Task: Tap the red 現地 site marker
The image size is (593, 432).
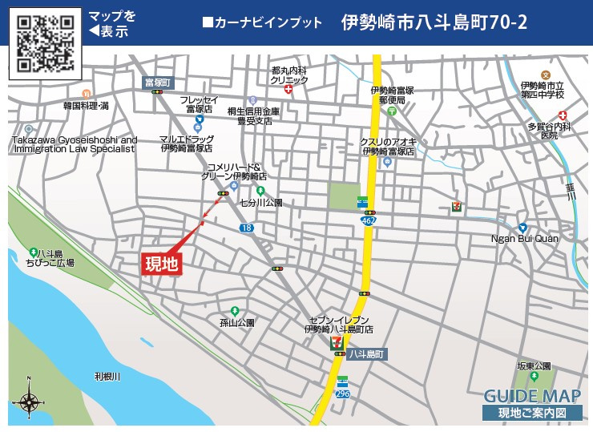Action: pos(161,263)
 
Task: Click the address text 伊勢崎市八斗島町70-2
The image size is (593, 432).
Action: pos(434,22)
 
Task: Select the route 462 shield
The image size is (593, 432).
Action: pos(368,220)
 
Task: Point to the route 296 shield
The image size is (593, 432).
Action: pos(343,394)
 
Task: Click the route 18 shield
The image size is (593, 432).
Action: pos(247,228)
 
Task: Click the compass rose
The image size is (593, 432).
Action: pos(29,398)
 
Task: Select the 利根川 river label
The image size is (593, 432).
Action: pos(106,376)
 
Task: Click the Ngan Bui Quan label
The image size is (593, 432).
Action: pos(525,238)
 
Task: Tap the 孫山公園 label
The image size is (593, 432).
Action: pos(236,322)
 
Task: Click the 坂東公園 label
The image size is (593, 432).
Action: pos(535,365)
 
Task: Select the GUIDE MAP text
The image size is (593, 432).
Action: pos(531,396)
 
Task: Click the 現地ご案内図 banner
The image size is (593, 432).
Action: pos(531,414)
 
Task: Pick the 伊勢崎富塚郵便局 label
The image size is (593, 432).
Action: pos(392,95)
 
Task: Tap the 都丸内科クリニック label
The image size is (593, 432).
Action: pos(289,75)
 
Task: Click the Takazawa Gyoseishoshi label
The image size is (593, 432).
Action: pos(75,144)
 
